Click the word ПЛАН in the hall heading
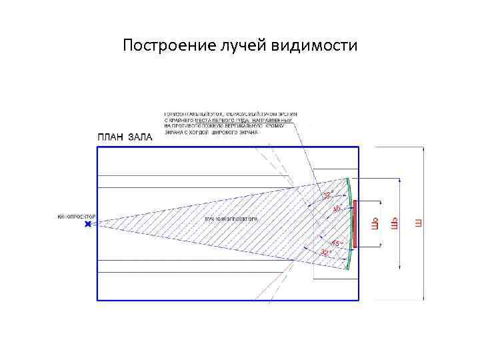(x=111, y=138)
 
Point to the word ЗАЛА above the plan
(x=140, y=138)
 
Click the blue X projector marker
(x=88, y=225)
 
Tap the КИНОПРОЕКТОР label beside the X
(x=77, y=217)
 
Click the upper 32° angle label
(x=327, y=195)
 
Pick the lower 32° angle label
(x=326, y=253)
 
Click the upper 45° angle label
(x=337, y=209)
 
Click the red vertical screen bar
(x=355, y=224)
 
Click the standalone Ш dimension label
(x=419, y=223)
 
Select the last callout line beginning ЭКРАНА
(x=211, y=132)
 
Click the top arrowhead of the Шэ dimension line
(x=400, y=180)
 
